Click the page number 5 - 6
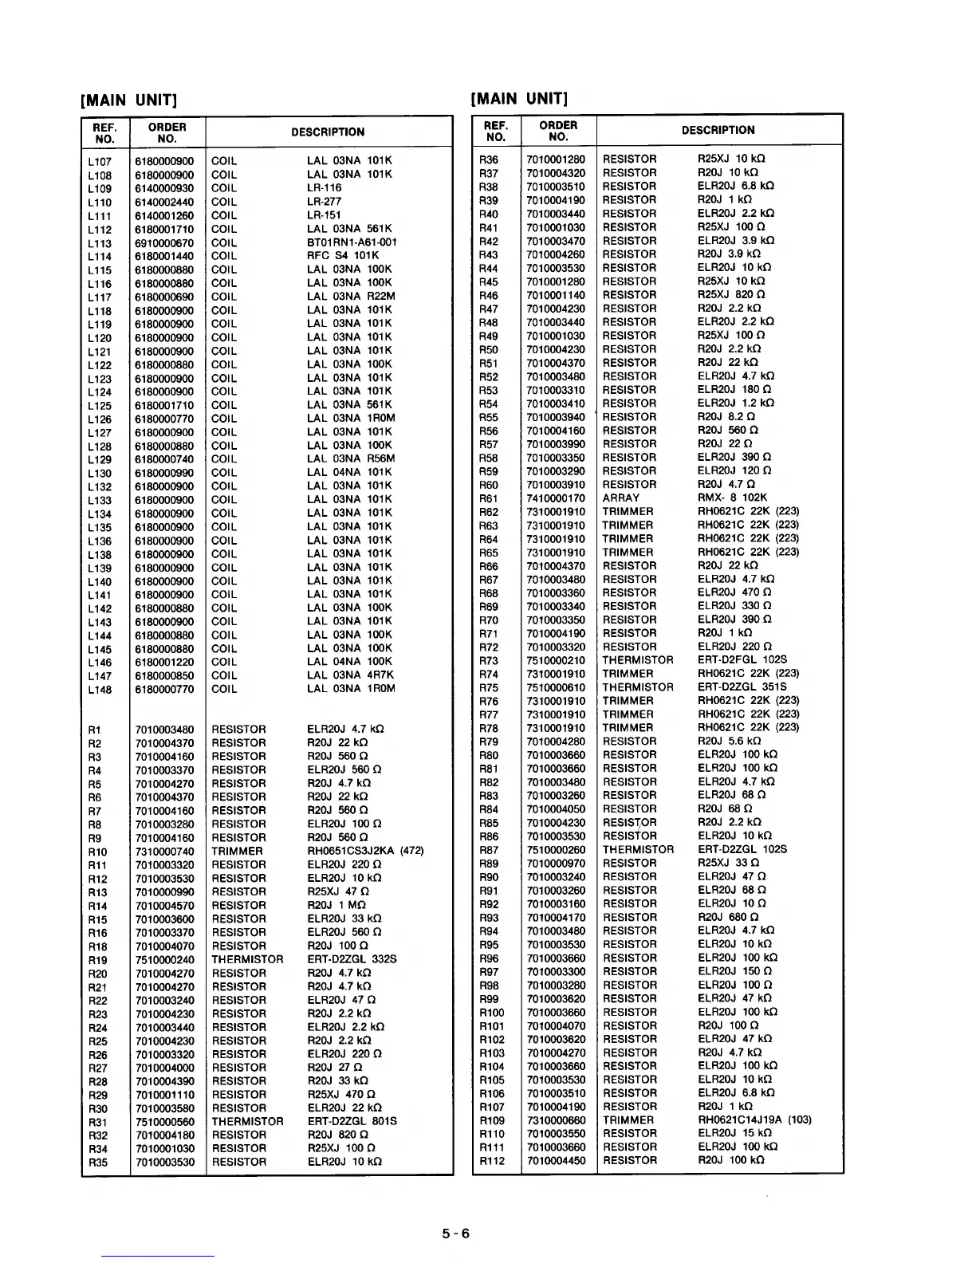pos(457,1233)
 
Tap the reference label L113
pos(100,243)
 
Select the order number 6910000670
pos(164,243)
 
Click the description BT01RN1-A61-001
pos(352,242)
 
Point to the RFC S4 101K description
pos(343,256)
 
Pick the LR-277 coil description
pos(324,202)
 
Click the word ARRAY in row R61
pos(620,498)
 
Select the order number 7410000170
pos(556,498)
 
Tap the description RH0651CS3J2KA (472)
pos(365,851)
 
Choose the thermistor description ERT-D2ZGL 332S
pos(352,959)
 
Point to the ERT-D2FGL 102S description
pos(742,660)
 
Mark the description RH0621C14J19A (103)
pos(754,1119)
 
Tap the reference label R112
pos(492,1161)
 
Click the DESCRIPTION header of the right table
pos(718,130)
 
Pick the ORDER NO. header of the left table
pos(167,132)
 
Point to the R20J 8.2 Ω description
pos(726,417)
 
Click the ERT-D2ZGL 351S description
pos(742,687)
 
